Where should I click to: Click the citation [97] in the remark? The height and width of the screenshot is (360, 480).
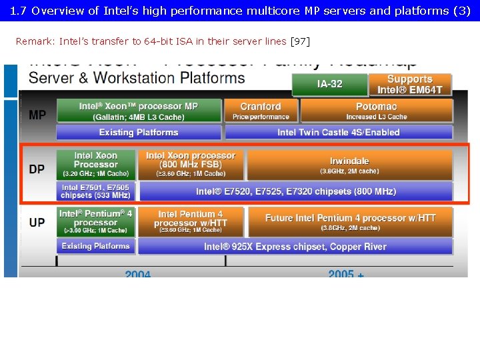300,41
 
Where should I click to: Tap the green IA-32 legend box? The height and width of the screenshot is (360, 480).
330,85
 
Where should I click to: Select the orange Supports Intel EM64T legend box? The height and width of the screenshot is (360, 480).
410,85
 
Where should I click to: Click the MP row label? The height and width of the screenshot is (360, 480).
38,115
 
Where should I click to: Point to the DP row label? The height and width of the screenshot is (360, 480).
37,169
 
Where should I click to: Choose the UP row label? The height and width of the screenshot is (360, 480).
37,222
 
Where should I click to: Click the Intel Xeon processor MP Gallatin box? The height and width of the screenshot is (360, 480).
139,111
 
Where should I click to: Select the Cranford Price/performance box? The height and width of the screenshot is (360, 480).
261,111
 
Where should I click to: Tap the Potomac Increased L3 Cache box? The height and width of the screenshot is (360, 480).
377,111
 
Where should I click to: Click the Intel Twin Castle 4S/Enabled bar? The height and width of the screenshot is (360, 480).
339,132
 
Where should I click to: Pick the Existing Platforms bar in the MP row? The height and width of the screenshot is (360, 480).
139,132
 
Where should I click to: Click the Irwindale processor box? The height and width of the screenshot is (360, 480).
349,165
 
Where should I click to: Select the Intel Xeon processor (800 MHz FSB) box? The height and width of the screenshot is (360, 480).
191,165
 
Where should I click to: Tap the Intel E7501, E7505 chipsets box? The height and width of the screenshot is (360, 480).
95,191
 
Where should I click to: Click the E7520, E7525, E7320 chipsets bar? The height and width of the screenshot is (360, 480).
296,191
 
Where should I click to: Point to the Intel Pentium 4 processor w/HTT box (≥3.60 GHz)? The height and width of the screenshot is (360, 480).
191,222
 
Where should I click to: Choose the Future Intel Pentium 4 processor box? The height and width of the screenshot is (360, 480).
351,222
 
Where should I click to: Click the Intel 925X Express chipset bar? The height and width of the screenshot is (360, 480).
295,247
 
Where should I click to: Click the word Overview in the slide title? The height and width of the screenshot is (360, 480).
58,11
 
